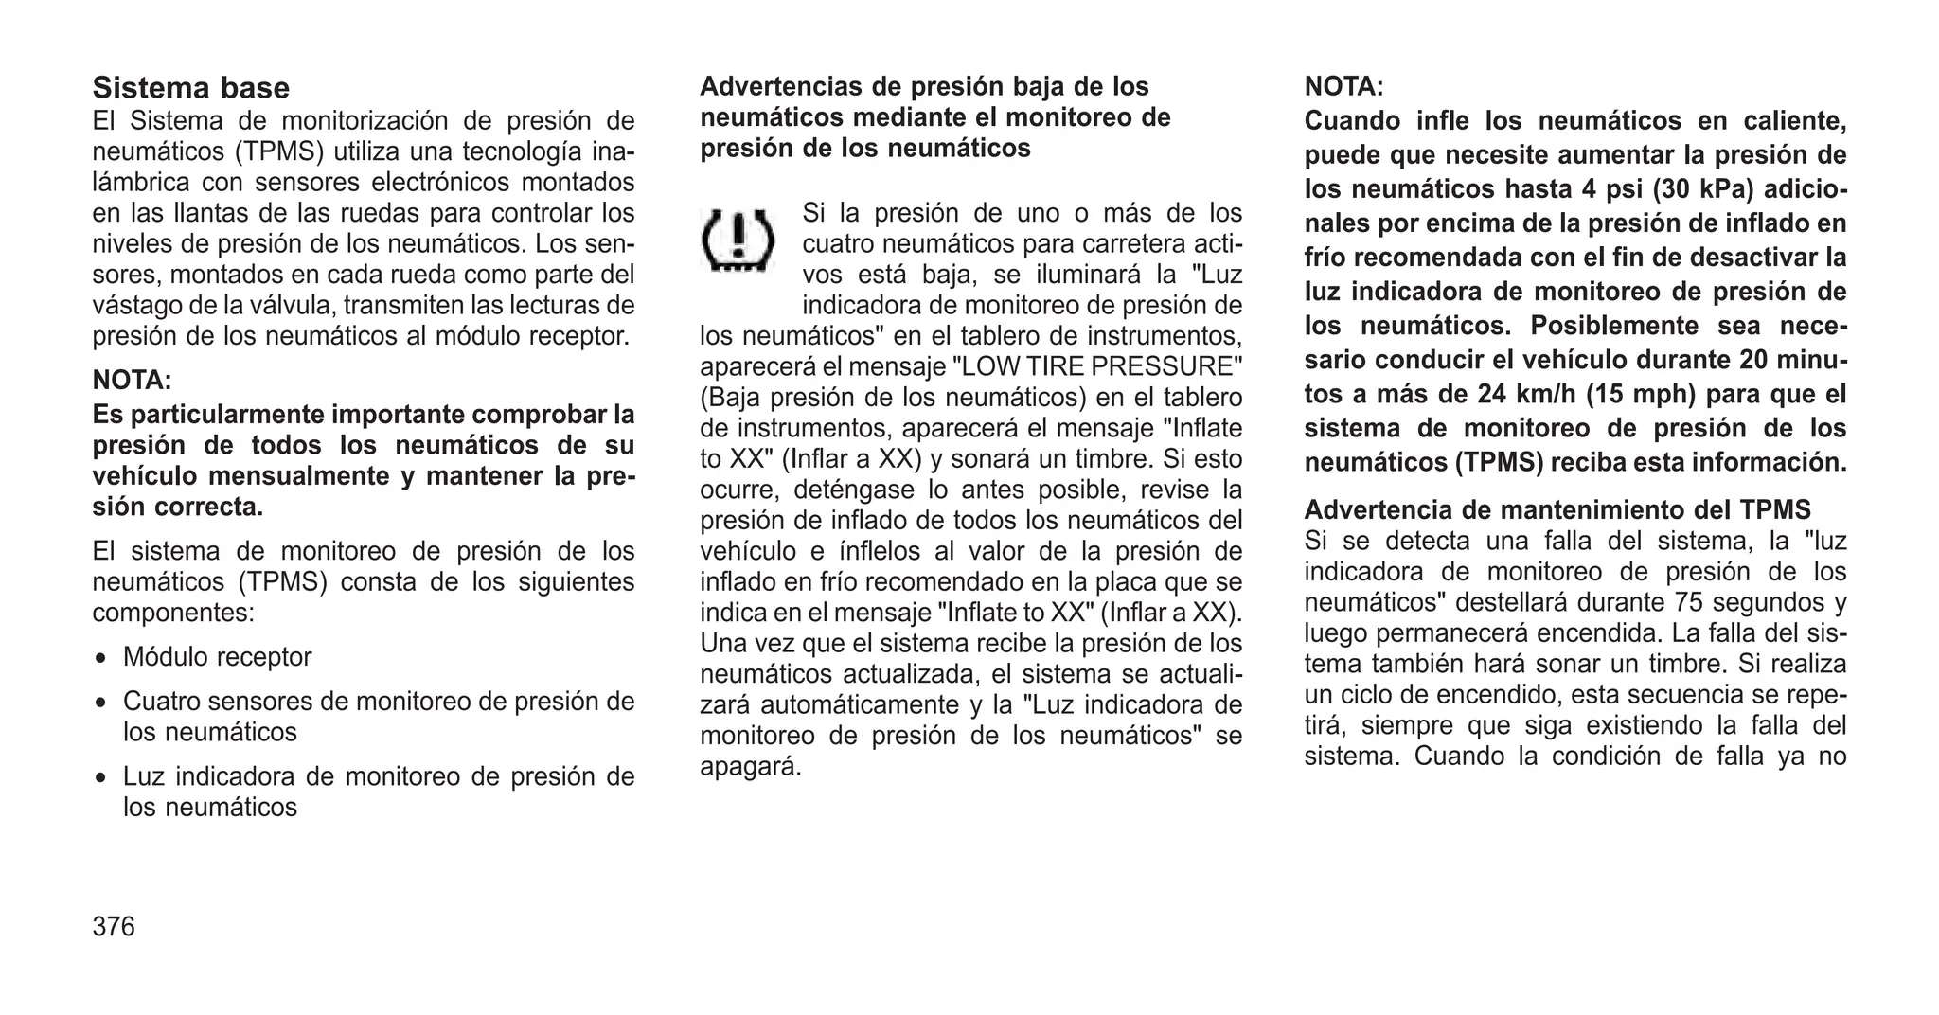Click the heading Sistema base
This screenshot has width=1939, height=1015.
pyautogui.click(x=190, y=88)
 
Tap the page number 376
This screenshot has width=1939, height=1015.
pyautogui.click(x=114, y=926)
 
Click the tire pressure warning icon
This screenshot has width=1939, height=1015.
pyautogui.click(x=738, y=241)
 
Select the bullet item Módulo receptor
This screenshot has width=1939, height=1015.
pyautogui.click(x=217, y=657)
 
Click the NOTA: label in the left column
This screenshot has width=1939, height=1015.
pyautogui.click(x=132, y=381)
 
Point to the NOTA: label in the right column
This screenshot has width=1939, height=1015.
pyautogui.click(x=1343, y=87)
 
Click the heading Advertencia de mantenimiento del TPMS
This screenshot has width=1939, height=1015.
pyautogui.click(x=1557, y=510)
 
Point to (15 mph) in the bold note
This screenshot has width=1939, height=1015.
pyautogui.click(x=1638, y=394)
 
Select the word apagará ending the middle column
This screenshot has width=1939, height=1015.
pyautogui.click(x=750, y=767)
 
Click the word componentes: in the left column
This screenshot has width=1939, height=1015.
pyautogui.click(x=173, y=613)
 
